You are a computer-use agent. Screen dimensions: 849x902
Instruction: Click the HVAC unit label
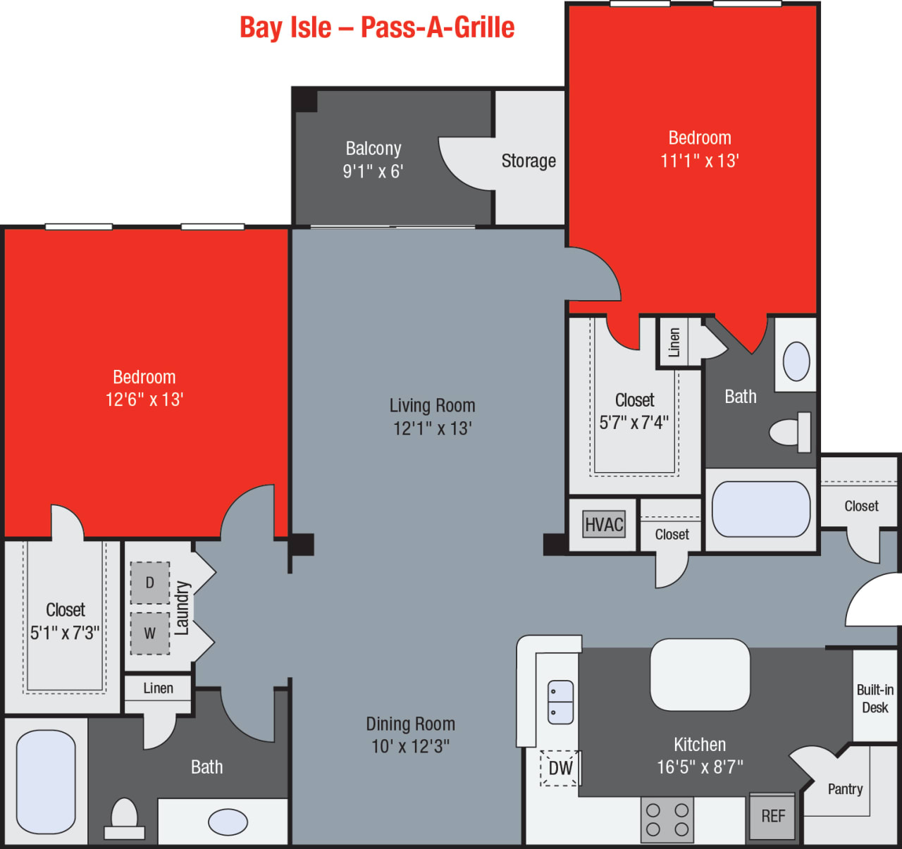pyautogui.click(x=604, y=525)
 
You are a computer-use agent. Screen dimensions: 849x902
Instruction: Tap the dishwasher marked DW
pyautogui.click(x=560, y=768)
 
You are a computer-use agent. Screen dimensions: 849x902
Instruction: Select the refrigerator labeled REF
pyautogui.click(x=772, y=816)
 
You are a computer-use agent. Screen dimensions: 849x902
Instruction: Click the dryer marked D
pyautogui.click(x=149, y=583)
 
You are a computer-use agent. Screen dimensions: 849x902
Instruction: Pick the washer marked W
pyautogui.click(x=149, y=633)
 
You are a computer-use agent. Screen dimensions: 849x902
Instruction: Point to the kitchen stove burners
pyautogui.click(x=667, y=819)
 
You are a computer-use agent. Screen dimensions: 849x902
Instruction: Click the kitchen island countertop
pyautogui.click(x=700, y=674)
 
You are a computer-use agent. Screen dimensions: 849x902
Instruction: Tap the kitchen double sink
pyautogui.click(x=561, y=702)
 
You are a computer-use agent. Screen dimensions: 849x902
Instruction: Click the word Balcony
pyautogui.click(x=373, y=149)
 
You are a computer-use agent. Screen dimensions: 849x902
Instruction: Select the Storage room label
pyautogui.click(x=529, y=161)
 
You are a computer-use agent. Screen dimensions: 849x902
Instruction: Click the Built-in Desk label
pyautogui.click(x=875, y=698)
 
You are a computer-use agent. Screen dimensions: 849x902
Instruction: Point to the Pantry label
pyautogui.click(x=845, y=789)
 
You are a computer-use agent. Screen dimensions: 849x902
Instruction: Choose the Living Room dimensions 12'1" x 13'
pyautogui.click(x=433, y=428)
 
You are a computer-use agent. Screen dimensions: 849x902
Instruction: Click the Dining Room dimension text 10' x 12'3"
pyautogui.click(x=411, y=746)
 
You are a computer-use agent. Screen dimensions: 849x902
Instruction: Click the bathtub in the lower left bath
pyautogui.click(x=46, y=782)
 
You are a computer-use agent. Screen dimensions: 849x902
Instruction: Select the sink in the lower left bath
pyautogui.click(x=228, y=822)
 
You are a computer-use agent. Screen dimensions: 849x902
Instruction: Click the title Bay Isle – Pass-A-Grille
pyautogui.click(x=377, y=27)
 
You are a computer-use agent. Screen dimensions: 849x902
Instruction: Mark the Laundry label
pyautogui.click(x=182, y=608)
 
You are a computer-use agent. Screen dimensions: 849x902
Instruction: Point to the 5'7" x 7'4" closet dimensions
pyautogui.click(x=634, y=423)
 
